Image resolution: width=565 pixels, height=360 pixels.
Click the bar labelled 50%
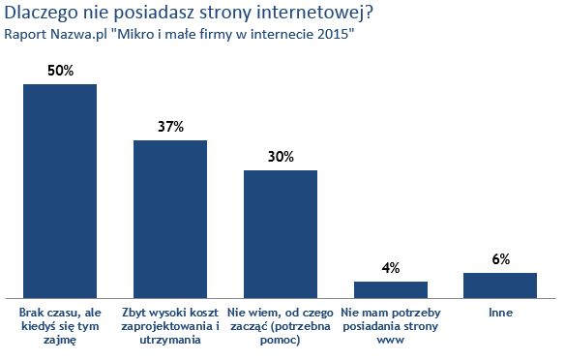pos(59,190)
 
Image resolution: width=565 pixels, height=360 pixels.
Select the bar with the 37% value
pos(169,218)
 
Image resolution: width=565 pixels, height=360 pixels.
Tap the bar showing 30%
pos(280,232)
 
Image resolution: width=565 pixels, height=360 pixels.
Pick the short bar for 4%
pos(390,288)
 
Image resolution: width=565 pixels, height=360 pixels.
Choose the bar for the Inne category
pos(500,285)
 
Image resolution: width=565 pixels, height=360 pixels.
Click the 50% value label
pos(60,71)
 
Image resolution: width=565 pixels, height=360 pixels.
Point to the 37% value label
pos(170,127)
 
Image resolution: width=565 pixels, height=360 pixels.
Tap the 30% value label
pos(280,157)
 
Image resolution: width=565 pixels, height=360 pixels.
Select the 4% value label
pos(390,268)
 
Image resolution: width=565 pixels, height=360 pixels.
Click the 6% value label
pos(500,259)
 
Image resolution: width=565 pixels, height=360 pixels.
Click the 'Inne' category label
pos(500,314)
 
